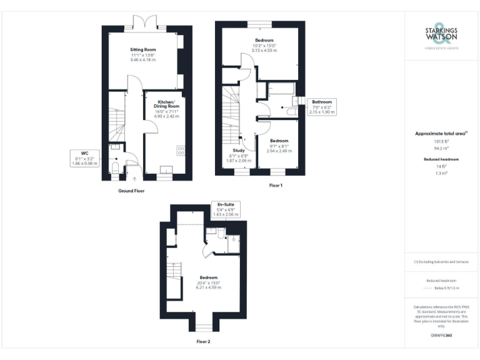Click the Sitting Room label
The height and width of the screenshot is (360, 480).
(x=142, y=49)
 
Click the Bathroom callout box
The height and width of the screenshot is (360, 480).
(x=322, y=106)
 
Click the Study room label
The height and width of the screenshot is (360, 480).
(x=238, y=151)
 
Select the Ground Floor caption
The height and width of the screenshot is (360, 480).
(x=131, y=190)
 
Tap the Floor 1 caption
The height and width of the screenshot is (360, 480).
(x=276, y=186)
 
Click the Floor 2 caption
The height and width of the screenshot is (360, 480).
(x=203, y=342)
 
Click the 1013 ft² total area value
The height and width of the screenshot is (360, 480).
(x=441, y=142)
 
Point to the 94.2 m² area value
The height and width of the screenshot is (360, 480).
(x=441, y=149)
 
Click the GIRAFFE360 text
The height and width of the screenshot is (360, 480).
(x=441, y=336)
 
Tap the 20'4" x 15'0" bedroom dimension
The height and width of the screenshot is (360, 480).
(x=208, y=282)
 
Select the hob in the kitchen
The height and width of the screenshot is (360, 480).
(x=181, y=150)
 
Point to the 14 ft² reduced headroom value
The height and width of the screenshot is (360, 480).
(x=441, y=166)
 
